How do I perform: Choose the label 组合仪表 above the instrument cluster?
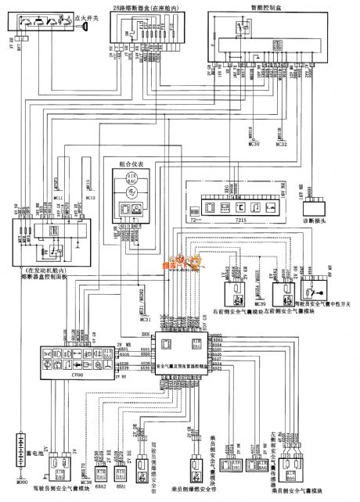130,167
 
